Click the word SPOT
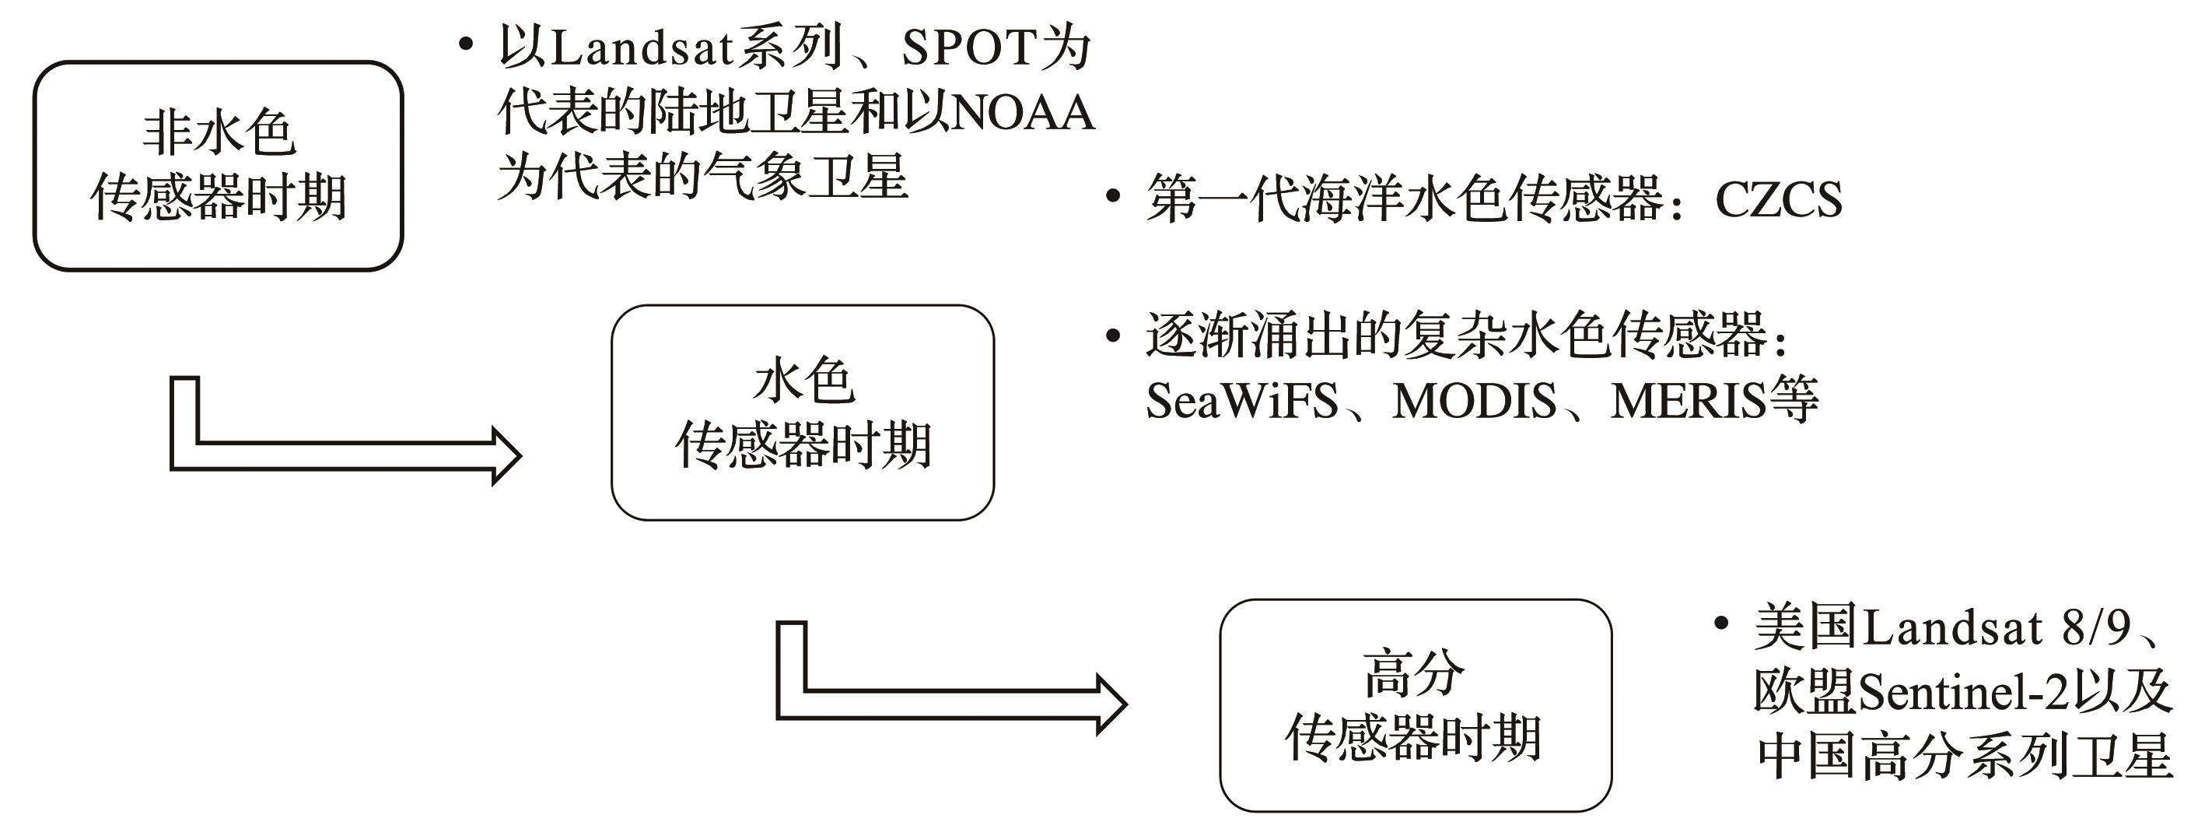coord(970,48)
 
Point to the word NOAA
coord(1023,113)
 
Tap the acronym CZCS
coord(1779,200)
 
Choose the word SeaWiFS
coord(1242,401)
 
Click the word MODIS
coord(1474,401)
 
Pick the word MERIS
coord(1688,401)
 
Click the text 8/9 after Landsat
coord(2095,627)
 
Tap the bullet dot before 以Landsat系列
coord(465,45)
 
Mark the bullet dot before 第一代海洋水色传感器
coord(1113,197)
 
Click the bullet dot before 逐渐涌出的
coord(1113,336)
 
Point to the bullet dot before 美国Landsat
coord(1721,623)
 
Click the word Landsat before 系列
coord(642,48)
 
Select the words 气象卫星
coord(806,177)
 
